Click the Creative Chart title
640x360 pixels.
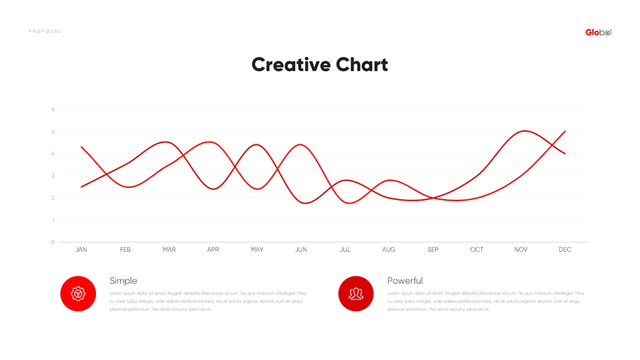320,65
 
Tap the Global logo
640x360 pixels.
598,32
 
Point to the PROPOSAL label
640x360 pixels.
45,31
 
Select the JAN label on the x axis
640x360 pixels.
82,250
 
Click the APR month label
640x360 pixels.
213,250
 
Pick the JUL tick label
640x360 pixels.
346,250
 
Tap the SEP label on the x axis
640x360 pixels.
433,250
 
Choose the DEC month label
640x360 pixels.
565,250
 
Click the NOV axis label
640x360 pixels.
521,250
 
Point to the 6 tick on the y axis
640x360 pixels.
53,110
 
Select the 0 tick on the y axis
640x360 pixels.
53,242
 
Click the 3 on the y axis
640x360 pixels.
53,176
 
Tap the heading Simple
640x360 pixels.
124,281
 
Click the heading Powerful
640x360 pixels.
405,281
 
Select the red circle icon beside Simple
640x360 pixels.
78,293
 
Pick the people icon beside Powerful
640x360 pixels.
356,293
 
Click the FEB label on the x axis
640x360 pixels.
125,250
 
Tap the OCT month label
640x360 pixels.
477,250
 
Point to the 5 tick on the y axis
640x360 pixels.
53,132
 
